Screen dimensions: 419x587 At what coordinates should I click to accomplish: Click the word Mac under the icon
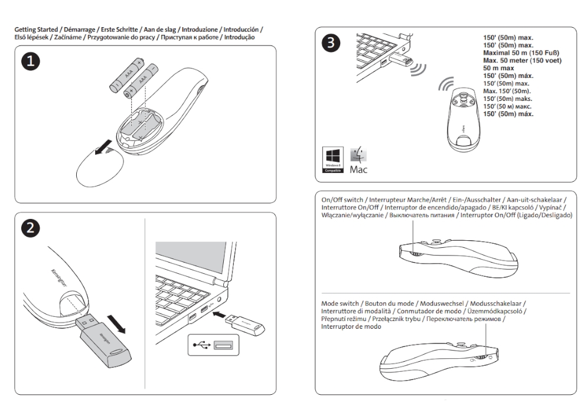pos(359,171)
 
